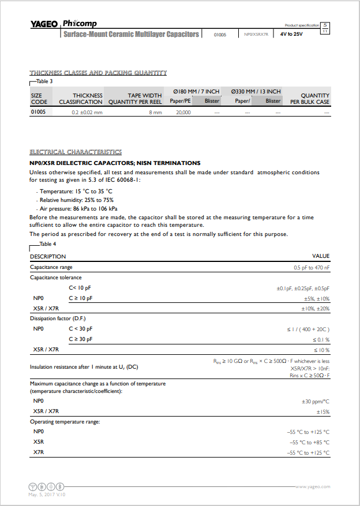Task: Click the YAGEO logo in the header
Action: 44,24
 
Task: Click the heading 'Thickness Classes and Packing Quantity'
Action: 98,73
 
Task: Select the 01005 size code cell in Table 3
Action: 38,112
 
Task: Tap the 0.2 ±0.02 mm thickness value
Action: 87,113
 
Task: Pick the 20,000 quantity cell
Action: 183,113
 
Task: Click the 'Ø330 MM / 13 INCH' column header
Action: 256,91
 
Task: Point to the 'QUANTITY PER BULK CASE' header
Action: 310,99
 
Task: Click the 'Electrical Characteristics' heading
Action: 76,152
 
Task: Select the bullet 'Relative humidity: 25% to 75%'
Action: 76,200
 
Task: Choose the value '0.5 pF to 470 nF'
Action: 312,268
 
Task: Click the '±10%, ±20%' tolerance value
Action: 315,309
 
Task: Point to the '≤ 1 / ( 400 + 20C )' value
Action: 308,329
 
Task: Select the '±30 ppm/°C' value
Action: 315,401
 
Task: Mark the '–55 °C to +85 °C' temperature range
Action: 308,442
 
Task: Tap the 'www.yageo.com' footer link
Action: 313,487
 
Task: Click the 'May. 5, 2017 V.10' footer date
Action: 47,494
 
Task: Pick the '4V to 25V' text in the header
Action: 291,35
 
